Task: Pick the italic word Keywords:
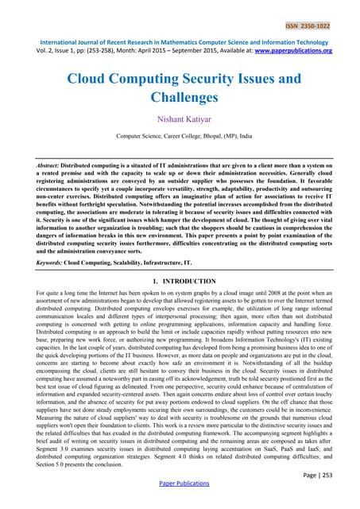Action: coord(34,259)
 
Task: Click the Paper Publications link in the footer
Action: coord(180,502)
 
